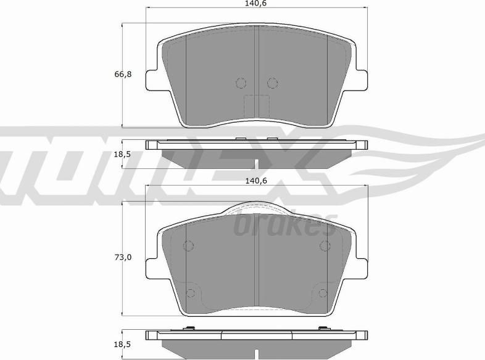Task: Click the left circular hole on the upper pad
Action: click(241, 83)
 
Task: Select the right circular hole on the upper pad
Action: click(272, 83)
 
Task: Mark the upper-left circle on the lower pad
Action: click(189, 247)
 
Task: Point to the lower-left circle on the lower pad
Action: click(191, 293)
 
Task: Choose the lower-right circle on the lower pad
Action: click(322, 293)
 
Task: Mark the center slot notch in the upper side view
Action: click(256, 163)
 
